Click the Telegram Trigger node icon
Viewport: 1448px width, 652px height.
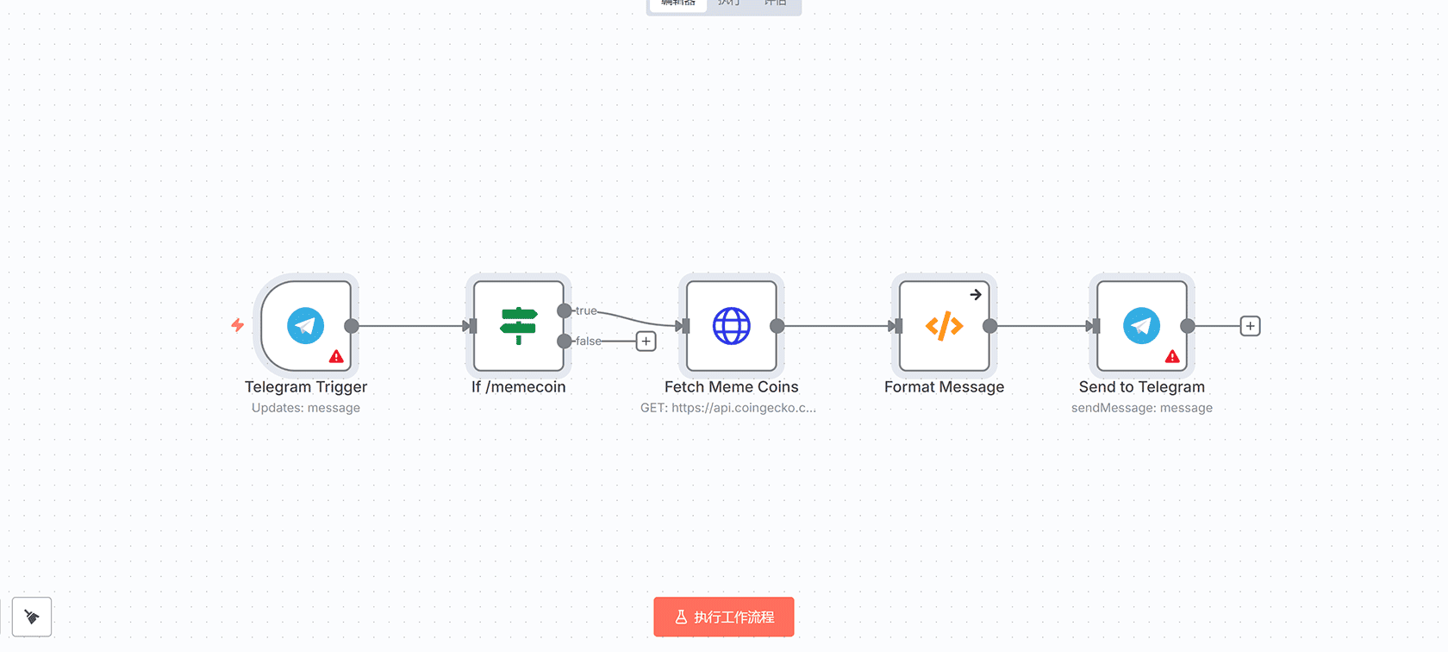(305, 326)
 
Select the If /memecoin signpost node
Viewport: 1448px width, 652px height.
(519, 326)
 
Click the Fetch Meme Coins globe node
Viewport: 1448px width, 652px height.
(732, 326)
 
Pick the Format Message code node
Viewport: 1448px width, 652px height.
(944, 326)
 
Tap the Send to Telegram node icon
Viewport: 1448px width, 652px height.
(1141, 326)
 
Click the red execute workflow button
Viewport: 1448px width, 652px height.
(724, 617)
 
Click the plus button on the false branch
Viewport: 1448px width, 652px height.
(646, 342)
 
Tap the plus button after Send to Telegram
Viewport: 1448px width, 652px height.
(1250, 326)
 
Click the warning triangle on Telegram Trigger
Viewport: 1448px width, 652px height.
(336, 356)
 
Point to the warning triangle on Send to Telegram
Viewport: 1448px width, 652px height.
(1172, 356)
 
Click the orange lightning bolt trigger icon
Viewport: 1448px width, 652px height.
(238, 325)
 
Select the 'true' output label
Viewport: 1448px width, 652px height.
(586, 310)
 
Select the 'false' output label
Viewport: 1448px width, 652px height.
(589, 342)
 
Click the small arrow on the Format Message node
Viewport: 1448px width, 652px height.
(976, 295)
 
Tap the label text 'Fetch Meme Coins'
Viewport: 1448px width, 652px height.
(731, 387)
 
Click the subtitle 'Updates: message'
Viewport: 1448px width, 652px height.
(306, 408)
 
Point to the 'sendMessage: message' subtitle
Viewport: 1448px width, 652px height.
(1141, 408)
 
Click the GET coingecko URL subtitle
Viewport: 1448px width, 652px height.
(727, 408)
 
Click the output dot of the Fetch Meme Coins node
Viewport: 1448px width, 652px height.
(777, 326)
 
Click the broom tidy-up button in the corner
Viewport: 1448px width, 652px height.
(32, 617)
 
